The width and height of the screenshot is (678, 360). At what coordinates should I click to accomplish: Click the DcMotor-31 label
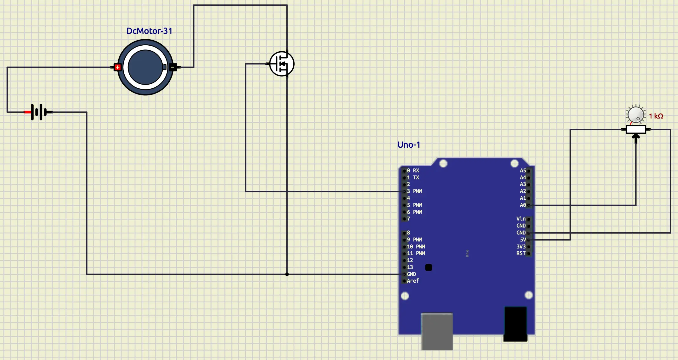click(149, 31)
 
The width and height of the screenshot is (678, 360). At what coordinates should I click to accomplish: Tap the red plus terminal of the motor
click(118, 67)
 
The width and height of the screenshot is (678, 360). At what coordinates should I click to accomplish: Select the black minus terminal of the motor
click(173, 67)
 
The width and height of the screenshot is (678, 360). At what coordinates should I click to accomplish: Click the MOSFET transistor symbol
click(282, 64)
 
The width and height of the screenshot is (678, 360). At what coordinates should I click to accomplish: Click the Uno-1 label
click(409, 145)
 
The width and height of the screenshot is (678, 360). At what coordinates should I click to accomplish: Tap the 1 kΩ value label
click(656, 116)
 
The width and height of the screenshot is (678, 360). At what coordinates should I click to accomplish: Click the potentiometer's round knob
click(636, 114)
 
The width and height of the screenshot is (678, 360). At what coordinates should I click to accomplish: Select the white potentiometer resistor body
click(636, 129)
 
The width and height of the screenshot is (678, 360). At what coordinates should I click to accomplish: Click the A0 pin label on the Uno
click(523, 205)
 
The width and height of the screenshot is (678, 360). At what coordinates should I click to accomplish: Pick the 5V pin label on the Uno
click(523, 240)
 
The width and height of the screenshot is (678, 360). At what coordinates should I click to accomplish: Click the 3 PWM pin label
click(414, 191)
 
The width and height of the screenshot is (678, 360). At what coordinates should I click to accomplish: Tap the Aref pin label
click(413, 281)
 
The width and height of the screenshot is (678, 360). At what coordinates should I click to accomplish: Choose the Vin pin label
click(521, 219)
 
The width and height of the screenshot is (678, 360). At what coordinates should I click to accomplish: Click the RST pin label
click(521, 253)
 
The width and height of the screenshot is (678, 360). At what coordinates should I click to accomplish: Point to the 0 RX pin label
click(413, 170)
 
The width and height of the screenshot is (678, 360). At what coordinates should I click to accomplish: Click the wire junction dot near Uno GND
click(287, 274)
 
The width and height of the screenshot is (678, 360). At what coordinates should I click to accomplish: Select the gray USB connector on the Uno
click(437, 331)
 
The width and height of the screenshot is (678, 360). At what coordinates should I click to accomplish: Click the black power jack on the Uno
click(515, 324)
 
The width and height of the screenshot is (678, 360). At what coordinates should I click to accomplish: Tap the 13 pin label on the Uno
click(410, 267)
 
